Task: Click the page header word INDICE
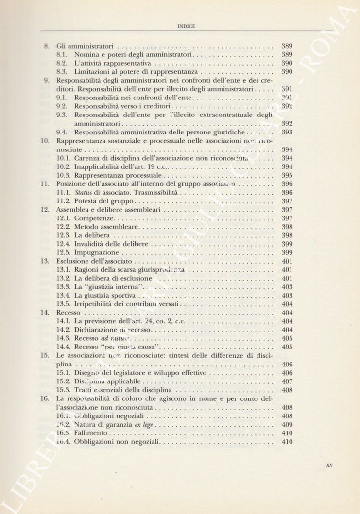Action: (187, 26)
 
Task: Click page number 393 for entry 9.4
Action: (287, 132)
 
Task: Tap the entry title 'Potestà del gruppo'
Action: (104, 201)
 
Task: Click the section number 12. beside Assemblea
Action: (46, 210)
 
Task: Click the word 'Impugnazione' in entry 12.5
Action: (97, 253)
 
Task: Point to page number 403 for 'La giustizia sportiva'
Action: (287, 296)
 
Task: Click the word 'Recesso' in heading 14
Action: (69, 313)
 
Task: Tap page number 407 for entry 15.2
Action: (287, 381)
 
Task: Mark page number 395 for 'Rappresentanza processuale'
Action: (287, 175)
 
